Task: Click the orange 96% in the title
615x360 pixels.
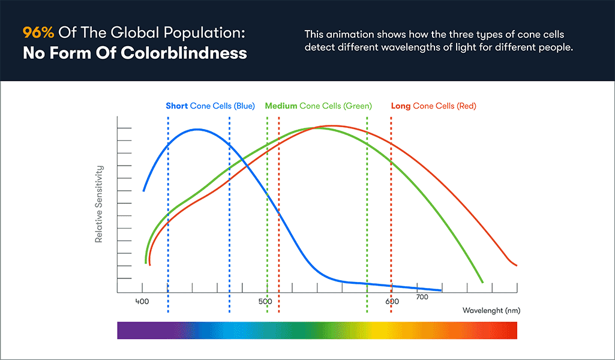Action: point(38,32)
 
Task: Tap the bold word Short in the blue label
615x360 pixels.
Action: point(177,106)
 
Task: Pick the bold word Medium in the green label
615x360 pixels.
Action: point(281,106)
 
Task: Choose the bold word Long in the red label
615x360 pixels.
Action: point(401,106)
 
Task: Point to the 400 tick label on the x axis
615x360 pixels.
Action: point(142,302)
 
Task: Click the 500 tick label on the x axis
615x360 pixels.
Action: point(265,302)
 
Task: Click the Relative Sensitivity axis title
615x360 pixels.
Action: point(99,204)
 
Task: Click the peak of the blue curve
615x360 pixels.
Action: point(197,130)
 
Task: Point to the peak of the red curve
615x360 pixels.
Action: point(332,126)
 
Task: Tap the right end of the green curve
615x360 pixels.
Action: point(482,281)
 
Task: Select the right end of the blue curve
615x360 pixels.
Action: point(441,290)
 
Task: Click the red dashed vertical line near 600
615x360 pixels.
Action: point(391,210)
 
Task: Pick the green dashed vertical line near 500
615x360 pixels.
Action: point(267,210)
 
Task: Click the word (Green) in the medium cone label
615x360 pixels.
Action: point(358,106)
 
